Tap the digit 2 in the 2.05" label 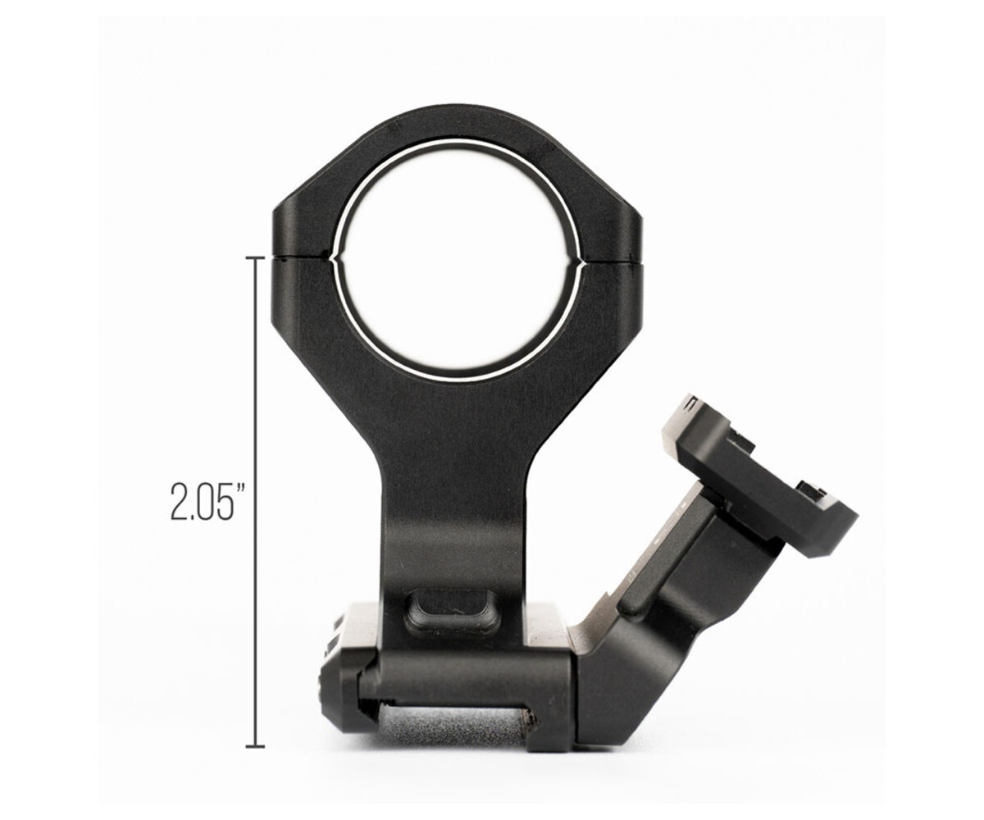(179, 503)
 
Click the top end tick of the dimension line (255, 257)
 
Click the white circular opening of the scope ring (456, 257)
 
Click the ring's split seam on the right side (610, 261)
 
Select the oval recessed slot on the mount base (452, 612)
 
